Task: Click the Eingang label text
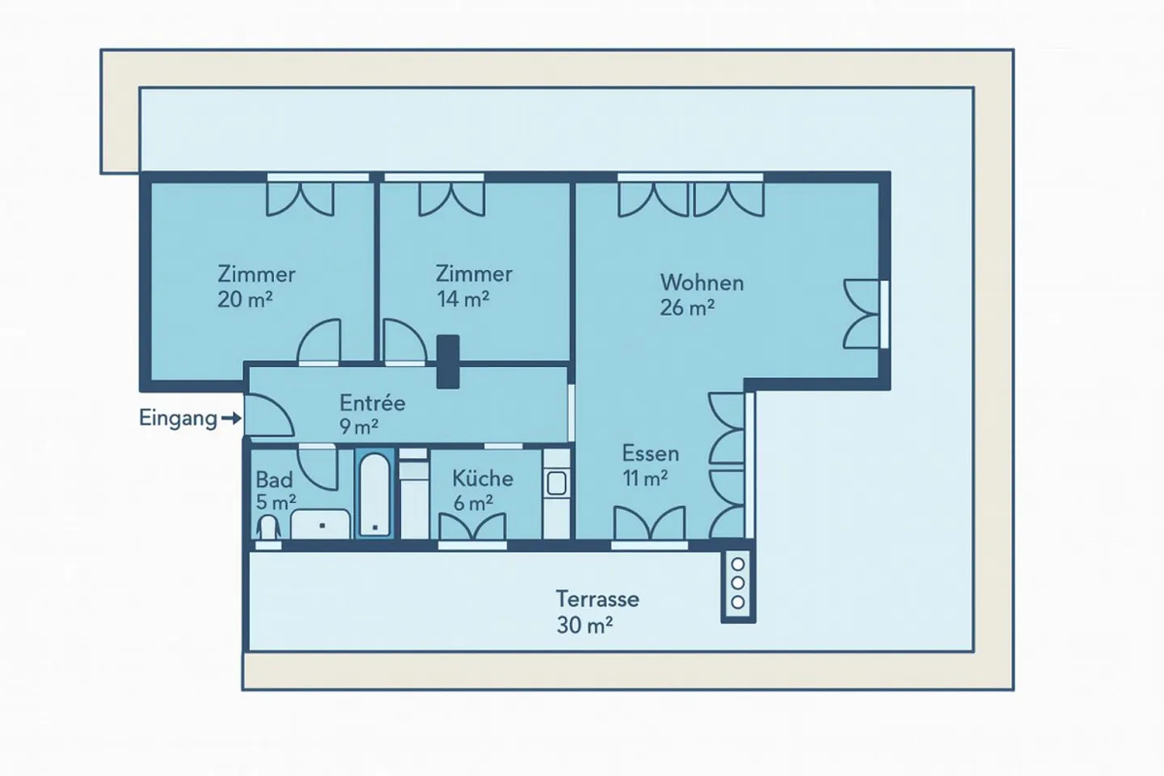pos(178,418)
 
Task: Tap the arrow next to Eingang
pos(231,418)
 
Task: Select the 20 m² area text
pos(245,299)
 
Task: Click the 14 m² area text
pos(463,299)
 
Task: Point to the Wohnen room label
pos(702,282)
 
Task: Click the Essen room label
pos(650,453)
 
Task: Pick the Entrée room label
pos(372,403)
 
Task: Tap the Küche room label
pos(483,478)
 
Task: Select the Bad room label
pos(274,479)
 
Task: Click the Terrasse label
pos(597,599)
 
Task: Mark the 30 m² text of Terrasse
pos(584,625)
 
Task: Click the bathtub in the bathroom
pos(374,494)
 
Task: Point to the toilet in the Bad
pos(268,527)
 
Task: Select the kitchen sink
pos(556,483)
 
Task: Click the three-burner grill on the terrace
pos(737,583)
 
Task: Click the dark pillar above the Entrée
pos(447,361)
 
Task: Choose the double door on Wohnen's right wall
pos(862,314)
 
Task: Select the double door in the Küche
pos(473,526)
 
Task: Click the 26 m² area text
pos(687,308)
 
